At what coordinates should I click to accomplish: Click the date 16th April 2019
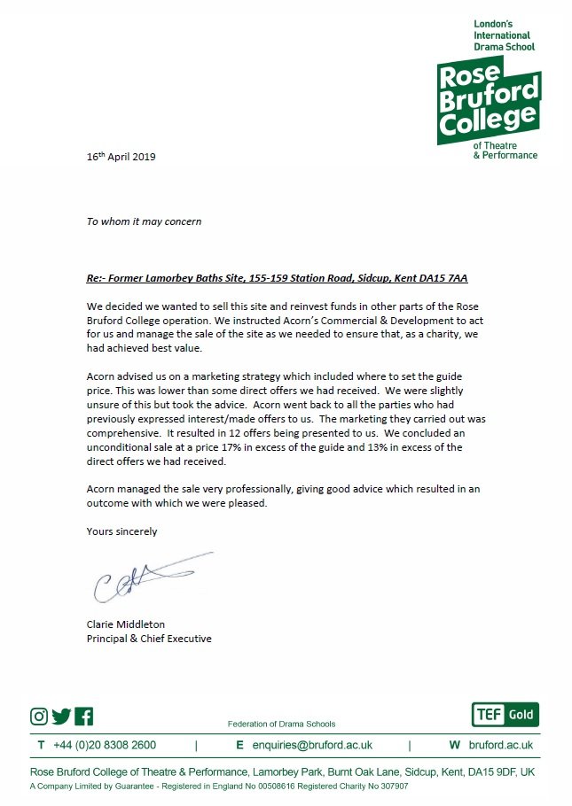121,157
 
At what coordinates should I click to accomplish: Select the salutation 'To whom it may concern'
144,221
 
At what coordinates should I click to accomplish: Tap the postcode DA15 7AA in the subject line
446,277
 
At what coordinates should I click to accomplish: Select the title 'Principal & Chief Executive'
149,638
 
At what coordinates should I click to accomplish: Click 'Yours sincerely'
121,531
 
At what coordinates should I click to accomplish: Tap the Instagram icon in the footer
39,717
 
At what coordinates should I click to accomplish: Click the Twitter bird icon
61,717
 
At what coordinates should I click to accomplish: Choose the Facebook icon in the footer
84,717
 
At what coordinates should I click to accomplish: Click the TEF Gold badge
505,715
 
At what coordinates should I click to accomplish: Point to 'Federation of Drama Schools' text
282,724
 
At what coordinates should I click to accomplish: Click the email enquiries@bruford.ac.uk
310,746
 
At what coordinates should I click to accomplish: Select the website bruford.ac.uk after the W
501,746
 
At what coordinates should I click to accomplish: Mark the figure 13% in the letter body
384,447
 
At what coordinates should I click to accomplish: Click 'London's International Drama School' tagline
505,34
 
